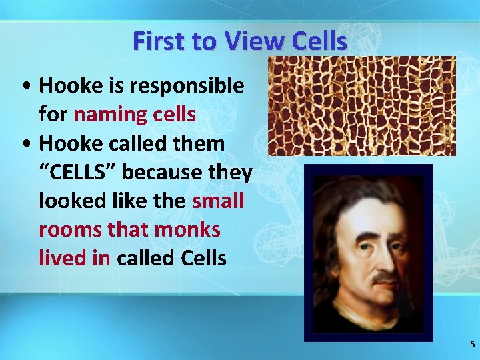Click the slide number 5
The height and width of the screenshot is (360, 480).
click(472, 345)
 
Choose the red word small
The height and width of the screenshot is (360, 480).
click(218, 201)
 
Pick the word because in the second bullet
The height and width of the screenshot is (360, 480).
click(152, 172)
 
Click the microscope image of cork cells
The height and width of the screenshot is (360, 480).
click(361, 106)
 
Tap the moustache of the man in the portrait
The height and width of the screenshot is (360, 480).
click(385, 276)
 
